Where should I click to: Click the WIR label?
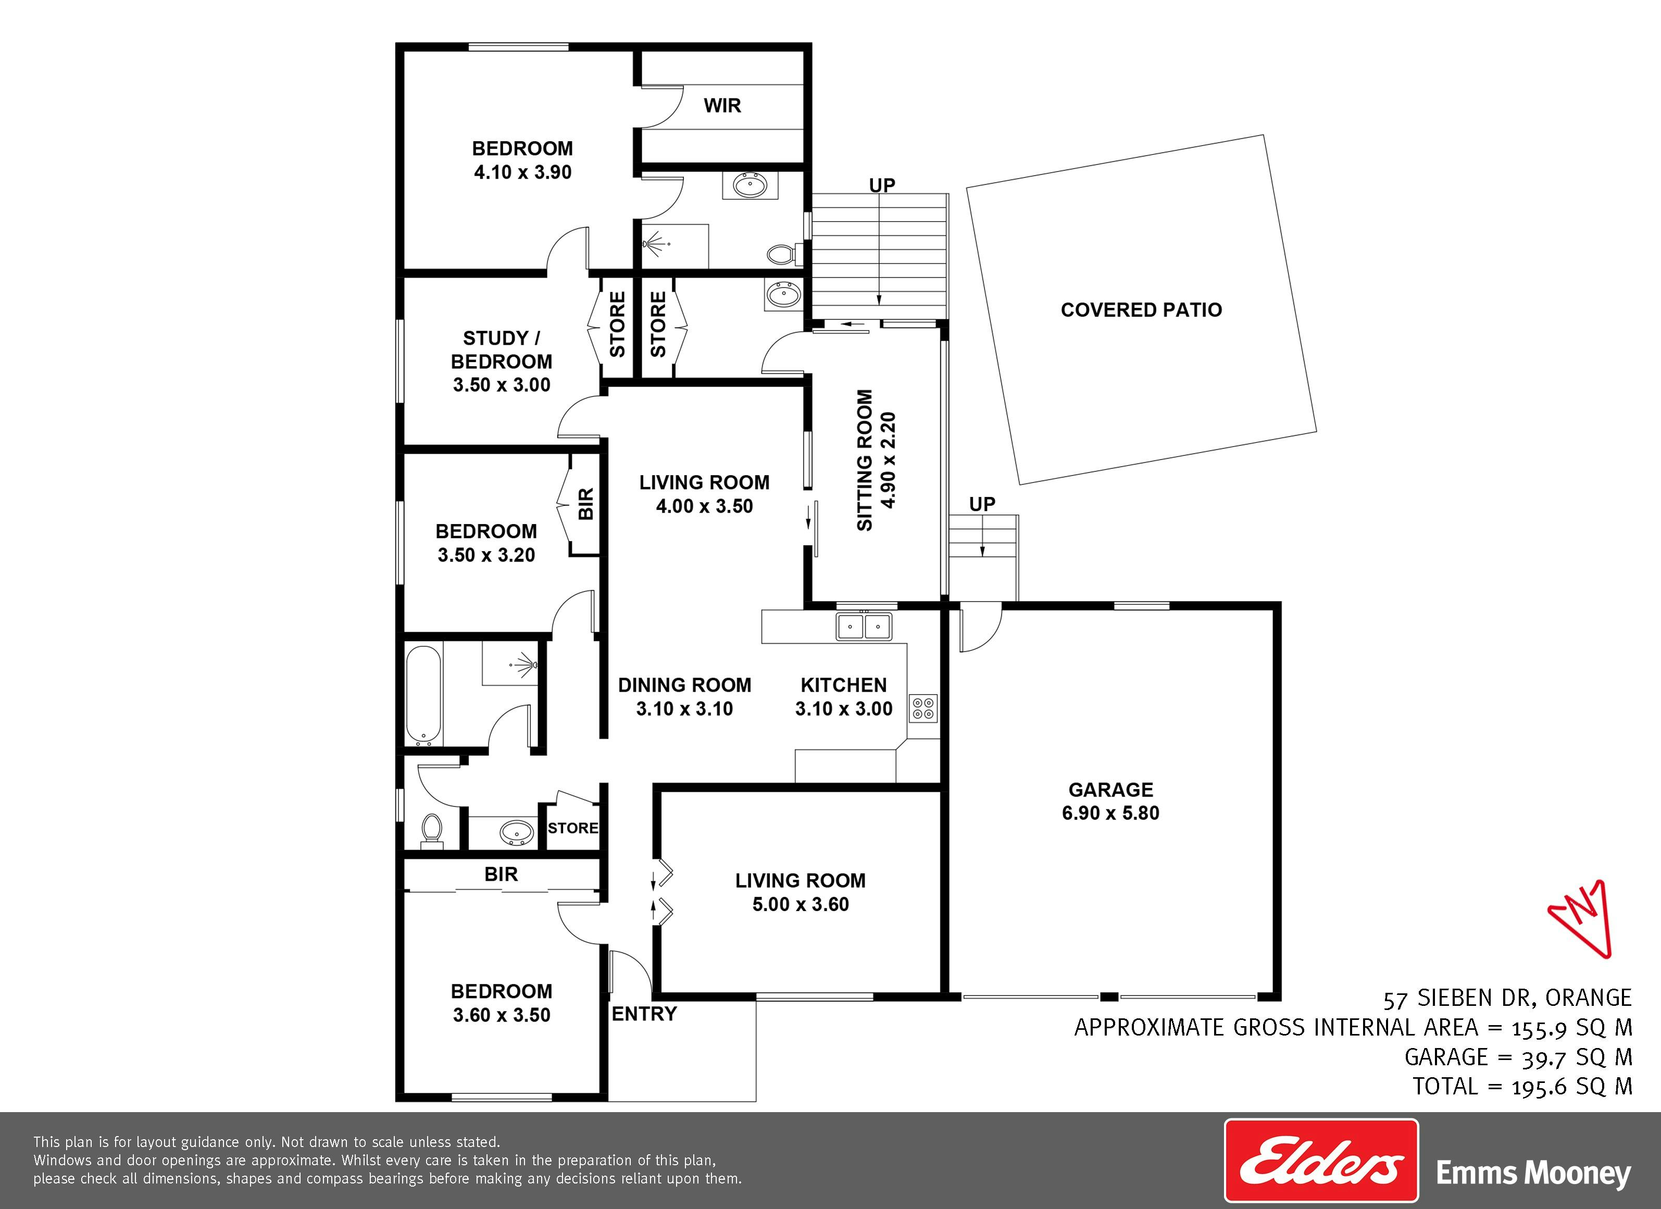click(722, 105)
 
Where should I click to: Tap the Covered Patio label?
click(1141, 310)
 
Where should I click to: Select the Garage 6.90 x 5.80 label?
click(1110, 801)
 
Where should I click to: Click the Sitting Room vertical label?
click(876, 460)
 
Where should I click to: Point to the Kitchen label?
click(844, 696)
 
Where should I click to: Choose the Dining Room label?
click(685, 696)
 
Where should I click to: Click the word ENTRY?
click(644, 1014)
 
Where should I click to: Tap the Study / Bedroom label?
click(502, 361)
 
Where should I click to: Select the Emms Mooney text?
click(1533, 1174)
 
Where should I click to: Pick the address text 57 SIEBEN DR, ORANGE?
click(1507, 998)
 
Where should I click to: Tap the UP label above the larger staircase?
click(882, 185)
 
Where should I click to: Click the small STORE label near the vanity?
click(573, 828)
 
